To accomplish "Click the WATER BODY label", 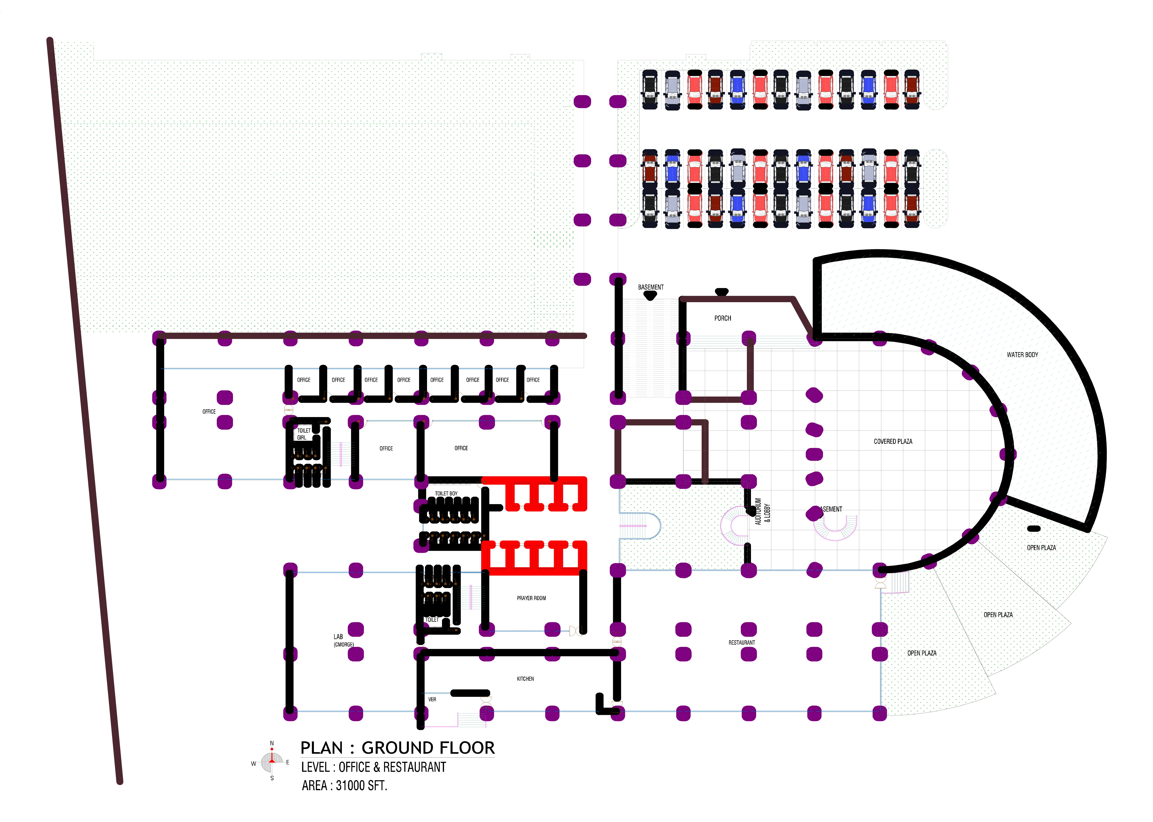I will click(1022, 355).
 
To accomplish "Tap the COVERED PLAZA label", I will click(893, 441).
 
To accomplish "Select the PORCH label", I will click(723, 318).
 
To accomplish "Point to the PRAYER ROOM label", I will click(531, 598).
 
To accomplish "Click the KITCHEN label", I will click(525, 679).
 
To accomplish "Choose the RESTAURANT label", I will click(741, 643).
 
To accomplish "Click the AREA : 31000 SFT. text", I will click(344, 786).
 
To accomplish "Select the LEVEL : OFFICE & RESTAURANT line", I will click(373, 767).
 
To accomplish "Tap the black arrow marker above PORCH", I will click(722, 292).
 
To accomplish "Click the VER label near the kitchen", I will click(432, 699).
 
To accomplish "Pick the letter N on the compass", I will click(272, 743).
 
